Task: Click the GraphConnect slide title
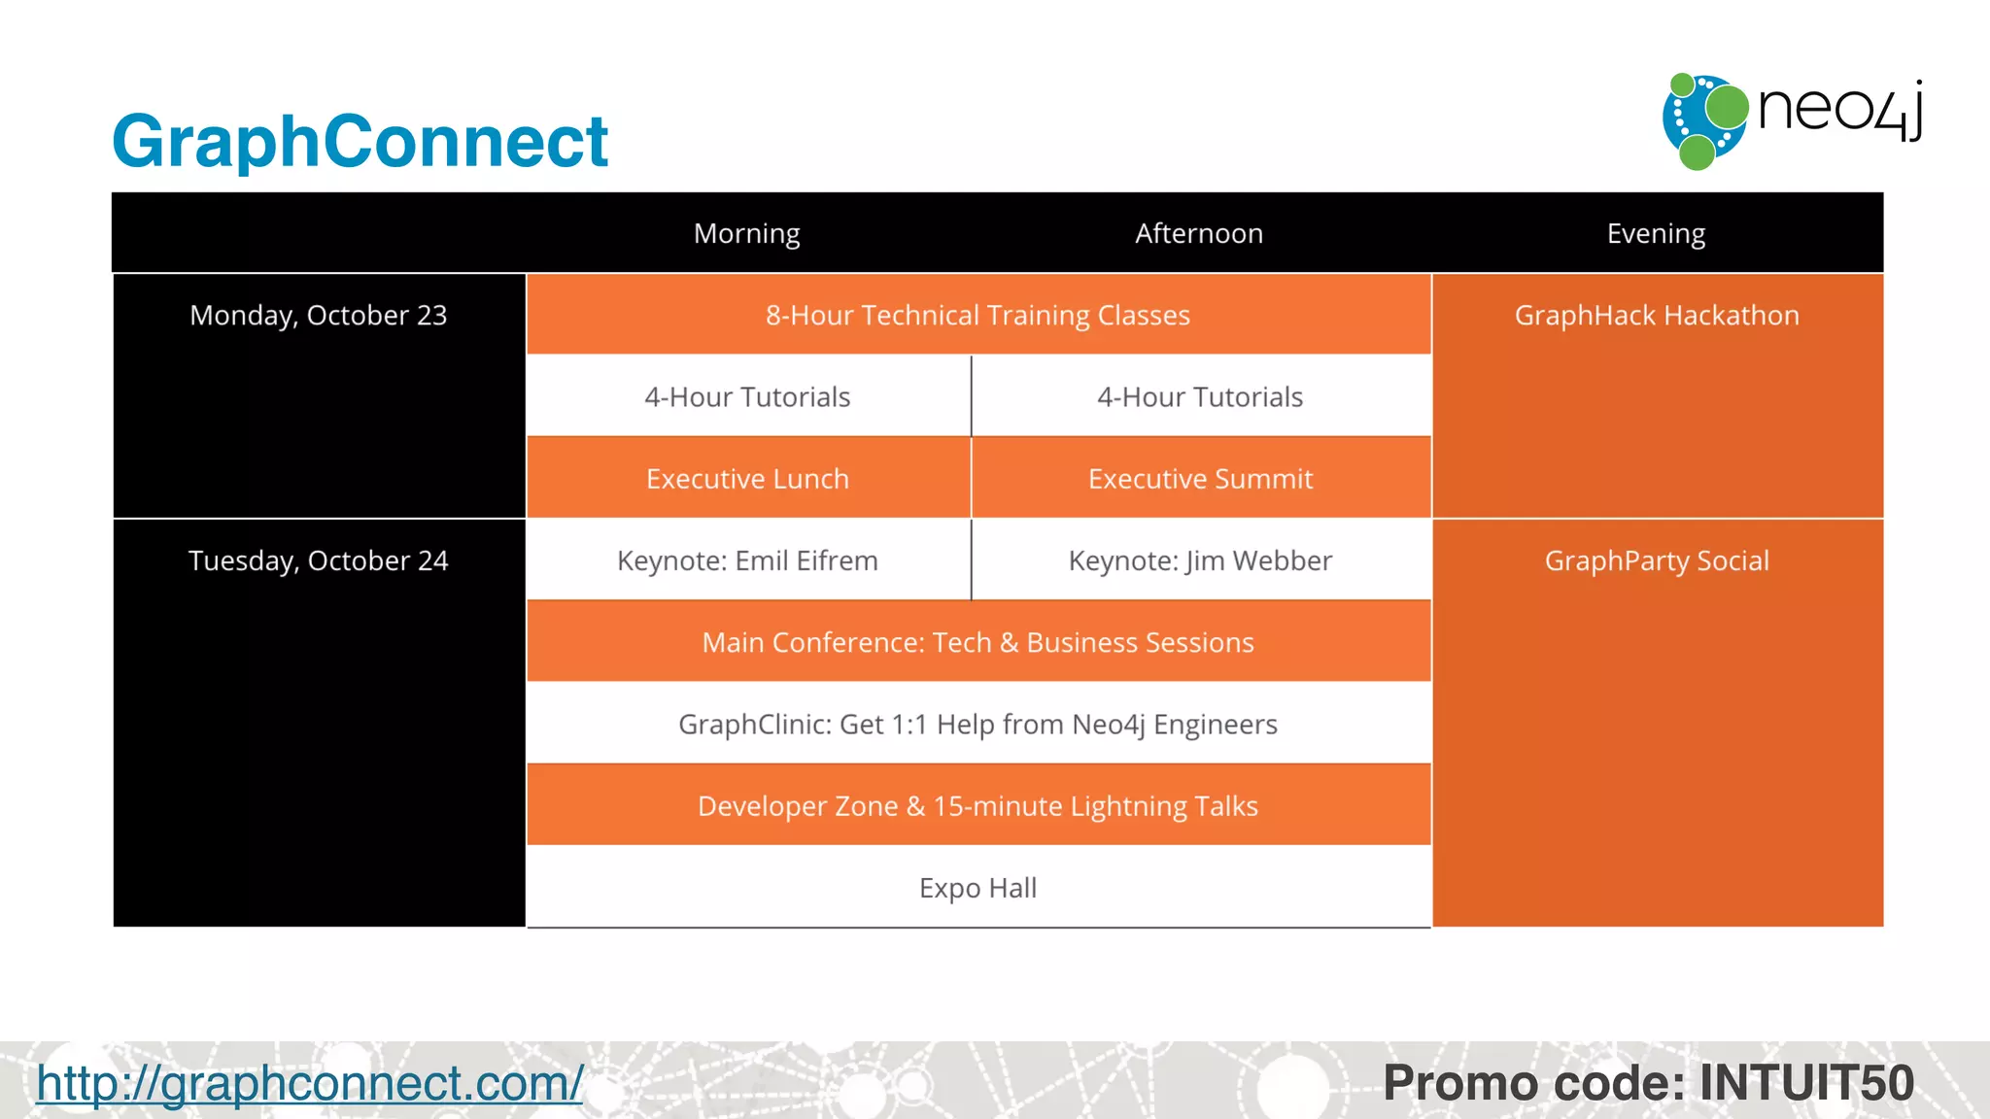[360, 142]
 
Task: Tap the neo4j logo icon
[1704, 120]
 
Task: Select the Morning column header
[746, 233]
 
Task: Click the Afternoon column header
[1199, 233]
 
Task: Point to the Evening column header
[1656, 233]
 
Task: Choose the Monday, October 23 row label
[319, 316]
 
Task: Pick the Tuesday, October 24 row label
[319, 561]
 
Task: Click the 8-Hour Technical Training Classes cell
[978, 316]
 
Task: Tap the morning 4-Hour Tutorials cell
[747, 397]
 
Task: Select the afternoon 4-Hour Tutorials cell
[1200, 397]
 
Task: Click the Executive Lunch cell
[747, 479]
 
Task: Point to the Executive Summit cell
[1200, 479]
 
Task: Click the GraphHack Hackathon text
[1657, 316]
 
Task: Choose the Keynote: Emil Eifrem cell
[747, 561]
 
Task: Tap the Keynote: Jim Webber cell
[1200, 561]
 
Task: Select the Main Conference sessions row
[978, 643]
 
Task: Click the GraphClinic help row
[978, 725]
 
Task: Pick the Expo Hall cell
[978, 888]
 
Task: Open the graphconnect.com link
[310, 1083]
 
